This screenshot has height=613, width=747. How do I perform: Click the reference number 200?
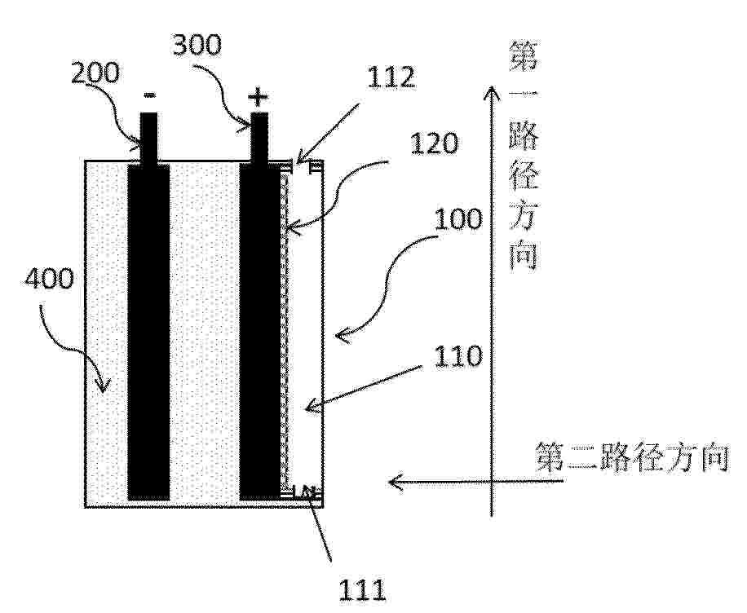(x=95, y=74)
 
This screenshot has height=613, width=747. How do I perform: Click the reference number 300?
(x=197, y=46)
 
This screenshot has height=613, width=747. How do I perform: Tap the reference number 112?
(x=391, y=77)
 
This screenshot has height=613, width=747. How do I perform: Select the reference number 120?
(x=434, y=143)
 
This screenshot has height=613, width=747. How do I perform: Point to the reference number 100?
(x=457, y=219)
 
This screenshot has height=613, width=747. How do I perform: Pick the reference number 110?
(x=457, y=356)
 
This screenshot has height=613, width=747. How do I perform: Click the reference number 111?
(x=362, y=591)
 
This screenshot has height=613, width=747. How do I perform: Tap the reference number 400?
(x=50, y=278)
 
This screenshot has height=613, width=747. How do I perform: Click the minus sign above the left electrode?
(x=149, y=96)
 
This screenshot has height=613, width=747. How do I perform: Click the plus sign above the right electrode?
(x=258, y=98)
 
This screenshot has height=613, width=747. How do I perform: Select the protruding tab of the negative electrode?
(x=148, y=138)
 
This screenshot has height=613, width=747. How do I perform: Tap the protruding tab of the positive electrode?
(x=259, y=138)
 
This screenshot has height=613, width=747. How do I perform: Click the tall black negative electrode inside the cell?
(x=148, y=332)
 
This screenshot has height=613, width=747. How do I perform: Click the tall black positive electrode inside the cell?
(x=259, y=332)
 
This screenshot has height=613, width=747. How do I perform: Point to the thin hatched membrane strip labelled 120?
(x=285, y=331)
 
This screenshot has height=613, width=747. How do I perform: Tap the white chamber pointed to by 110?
(x=306, y=331)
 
